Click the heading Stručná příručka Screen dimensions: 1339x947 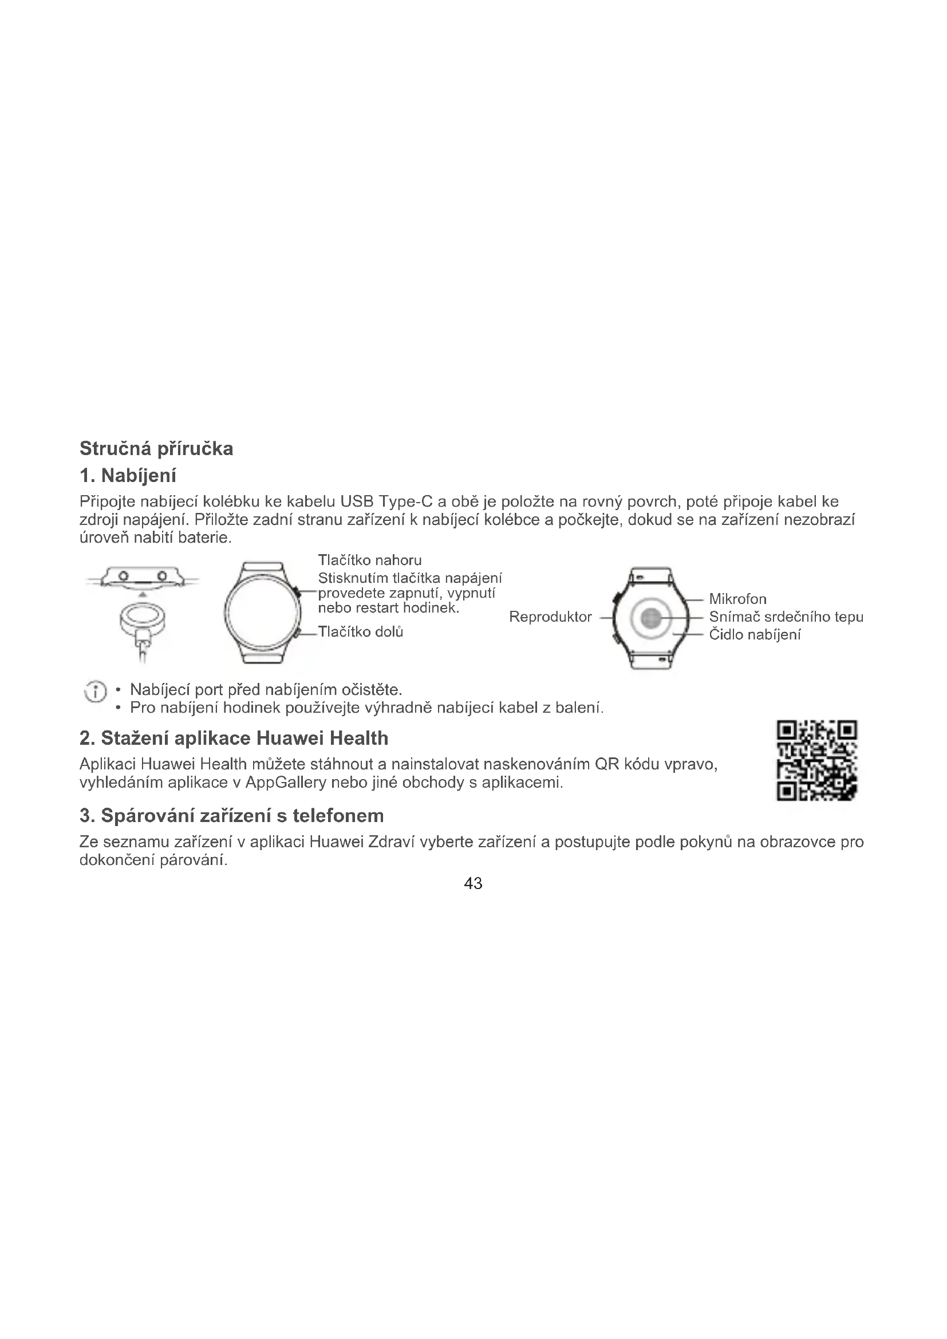156,448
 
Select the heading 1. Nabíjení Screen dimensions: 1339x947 128,476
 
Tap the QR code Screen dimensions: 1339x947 816,760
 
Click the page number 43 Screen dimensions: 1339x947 473,883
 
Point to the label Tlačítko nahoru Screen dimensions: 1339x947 370,560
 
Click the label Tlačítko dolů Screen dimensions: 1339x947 360,632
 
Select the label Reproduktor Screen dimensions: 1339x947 550,617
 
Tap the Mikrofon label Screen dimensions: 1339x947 737,599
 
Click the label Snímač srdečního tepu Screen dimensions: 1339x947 786,617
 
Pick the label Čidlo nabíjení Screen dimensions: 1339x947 755,634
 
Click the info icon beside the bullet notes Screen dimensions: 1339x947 96,692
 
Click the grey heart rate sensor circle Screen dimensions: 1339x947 650,618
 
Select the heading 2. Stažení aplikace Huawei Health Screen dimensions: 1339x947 234,738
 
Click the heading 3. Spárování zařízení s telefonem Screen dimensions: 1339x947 231,815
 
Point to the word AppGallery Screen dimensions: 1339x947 285,783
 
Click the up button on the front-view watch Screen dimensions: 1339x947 297,593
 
